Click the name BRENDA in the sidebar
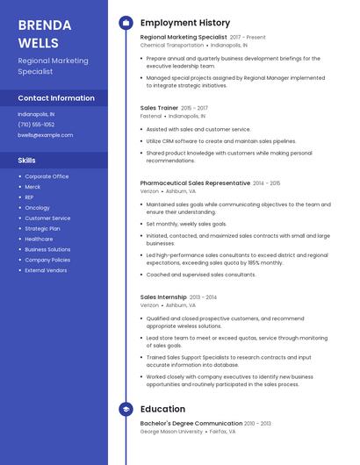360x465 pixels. [x=39, y=25]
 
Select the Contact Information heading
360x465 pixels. [x=56, y=98]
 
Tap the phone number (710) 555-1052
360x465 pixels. [x=36, y=125]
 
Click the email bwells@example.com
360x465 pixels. [x=46, y=135]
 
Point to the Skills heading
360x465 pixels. [x=27, y=161]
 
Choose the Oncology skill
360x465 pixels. [x=37, y=207]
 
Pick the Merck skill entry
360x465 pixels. [x=32, y=186]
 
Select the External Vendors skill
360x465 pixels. [x=45, y=270]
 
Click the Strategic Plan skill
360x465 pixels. [x=42, y=228]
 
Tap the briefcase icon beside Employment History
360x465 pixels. [x=126, y=23]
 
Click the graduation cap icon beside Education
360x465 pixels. [x=126, y=409]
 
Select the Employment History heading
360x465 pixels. [x=185, y=23]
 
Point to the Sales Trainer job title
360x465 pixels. [x=159, y=108]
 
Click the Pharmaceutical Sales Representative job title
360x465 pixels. [x=195, y=182]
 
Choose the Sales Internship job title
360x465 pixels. [x=163, y=297]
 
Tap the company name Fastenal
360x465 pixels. [x=151, y=116]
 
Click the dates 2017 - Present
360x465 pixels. [x=248, y=38]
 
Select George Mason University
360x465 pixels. [x=172, y=432]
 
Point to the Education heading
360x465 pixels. [x=162, y=409]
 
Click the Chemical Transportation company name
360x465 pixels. [x=165, y=45]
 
